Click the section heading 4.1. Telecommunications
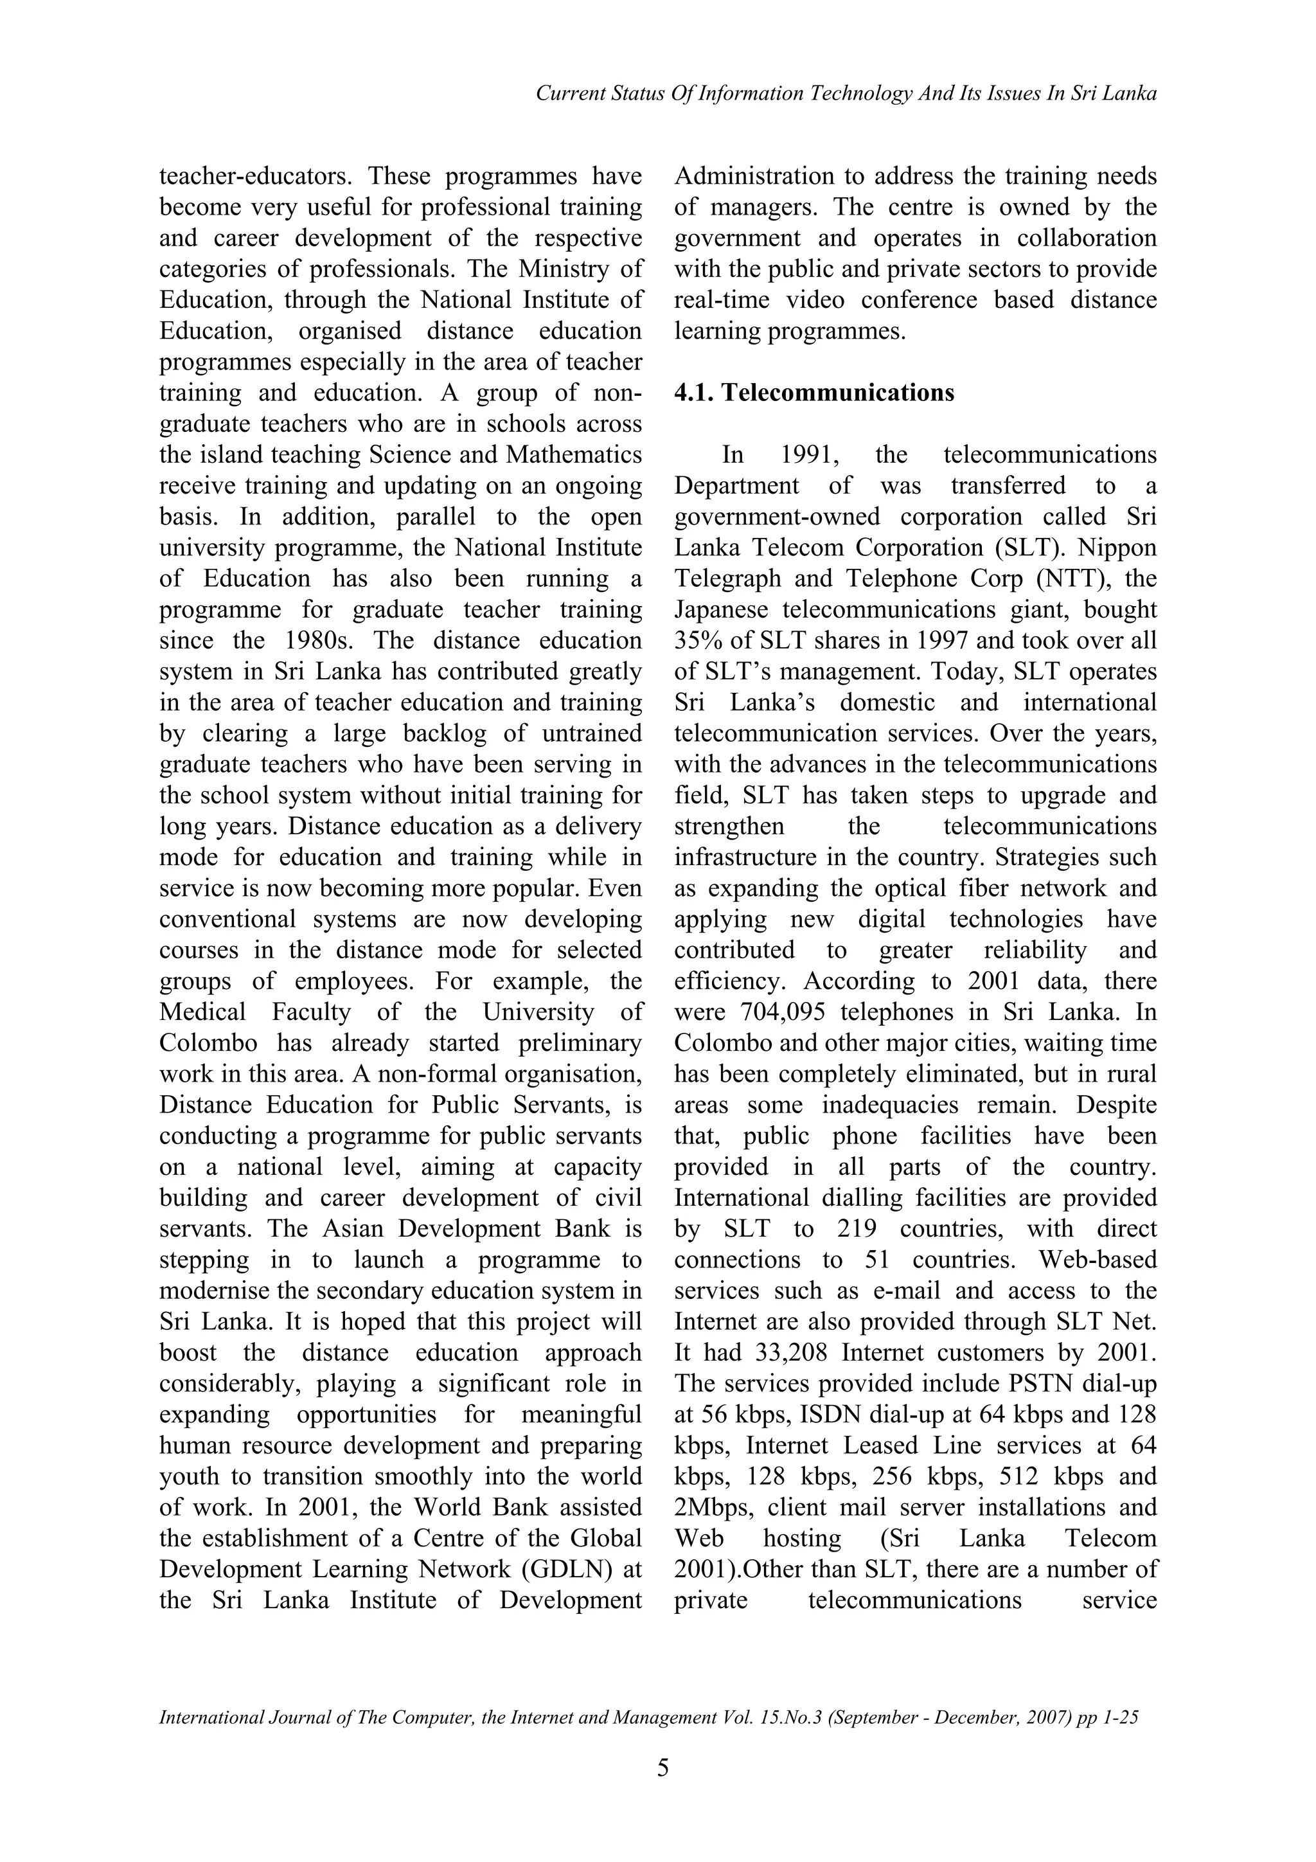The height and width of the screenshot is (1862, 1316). coord(814,393)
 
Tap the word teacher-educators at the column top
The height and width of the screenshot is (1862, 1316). coord(256,177)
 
